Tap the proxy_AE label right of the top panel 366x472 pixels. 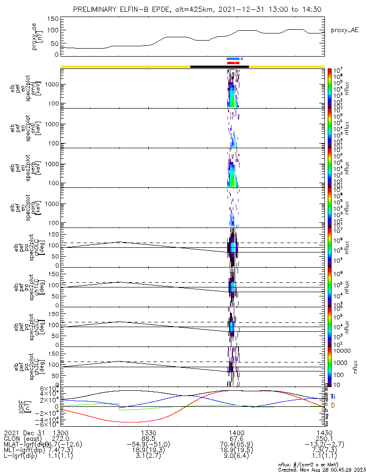pyautogui.click(x=345, y=30)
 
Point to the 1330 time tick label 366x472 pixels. pyautogui.click(x=148, y=432)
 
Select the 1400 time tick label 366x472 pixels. pyautogui.click(x=236, y=432)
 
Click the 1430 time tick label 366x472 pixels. pyautogui.click(x=324, y=432)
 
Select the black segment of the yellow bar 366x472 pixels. pyautogui.click(x=219, y=67)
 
